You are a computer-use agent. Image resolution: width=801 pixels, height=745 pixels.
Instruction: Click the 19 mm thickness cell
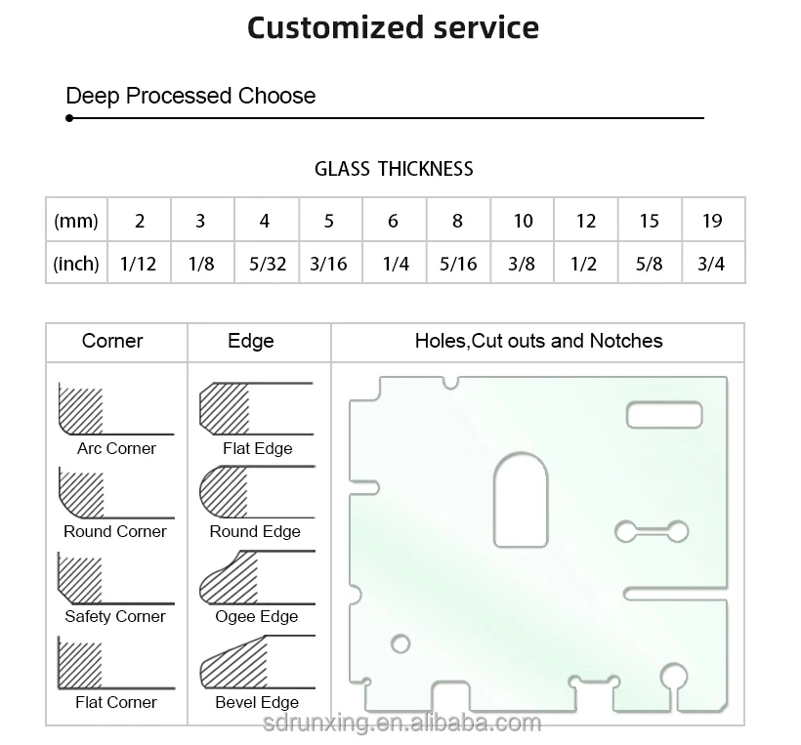point(712,221)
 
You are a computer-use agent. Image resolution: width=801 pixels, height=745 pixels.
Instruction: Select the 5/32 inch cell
point(265,264)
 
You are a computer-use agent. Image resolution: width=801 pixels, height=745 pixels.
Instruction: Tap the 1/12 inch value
point(139,264)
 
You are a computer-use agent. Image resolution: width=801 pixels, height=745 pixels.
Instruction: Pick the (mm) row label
point(76,221)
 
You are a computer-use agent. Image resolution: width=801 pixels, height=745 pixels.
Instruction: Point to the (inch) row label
point(76,264)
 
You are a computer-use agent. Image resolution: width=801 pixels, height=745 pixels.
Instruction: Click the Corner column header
point(112,341)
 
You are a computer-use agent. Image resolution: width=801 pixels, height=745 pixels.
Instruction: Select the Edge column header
point(251,341)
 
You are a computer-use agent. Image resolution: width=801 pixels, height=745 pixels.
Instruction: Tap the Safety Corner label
point(115,616)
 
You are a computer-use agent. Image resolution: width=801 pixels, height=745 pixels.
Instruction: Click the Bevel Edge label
point(257,702)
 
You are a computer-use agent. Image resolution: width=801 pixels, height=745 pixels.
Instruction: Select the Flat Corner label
point(116,702)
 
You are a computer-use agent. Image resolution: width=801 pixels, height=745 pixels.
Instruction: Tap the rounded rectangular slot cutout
point(664,414)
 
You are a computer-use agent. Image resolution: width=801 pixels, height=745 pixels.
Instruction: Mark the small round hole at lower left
point(400,643)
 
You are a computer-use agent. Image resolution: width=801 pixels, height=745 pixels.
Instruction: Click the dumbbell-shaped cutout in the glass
point(649,530)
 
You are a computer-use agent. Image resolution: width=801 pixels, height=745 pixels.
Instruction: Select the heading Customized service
point(393,27)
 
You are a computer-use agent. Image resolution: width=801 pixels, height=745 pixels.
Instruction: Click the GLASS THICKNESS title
point(394,169)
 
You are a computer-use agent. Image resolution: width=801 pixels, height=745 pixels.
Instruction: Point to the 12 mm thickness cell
point(585,221)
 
